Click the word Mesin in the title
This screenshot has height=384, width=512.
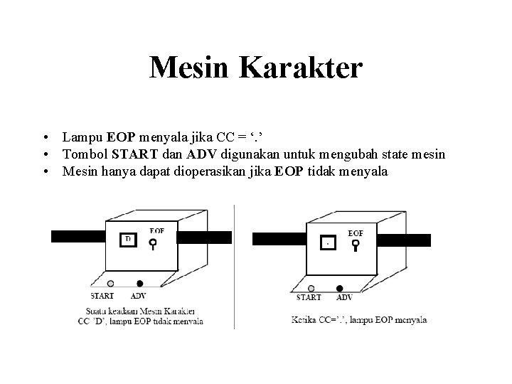coord(191,68)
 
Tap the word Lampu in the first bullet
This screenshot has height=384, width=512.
coord(82,136)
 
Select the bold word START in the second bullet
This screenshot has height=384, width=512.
coord(139,154)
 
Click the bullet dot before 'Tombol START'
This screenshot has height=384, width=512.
coord(45,154)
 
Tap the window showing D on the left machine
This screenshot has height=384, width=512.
coord(129,240)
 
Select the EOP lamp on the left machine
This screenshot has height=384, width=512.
coord(154,243)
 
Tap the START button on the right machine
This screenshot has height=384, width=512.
coord(311,289)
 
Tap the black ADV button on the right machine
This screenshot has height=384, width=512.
coord(339,289)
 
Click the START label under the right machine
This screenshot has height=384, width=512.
coord(309,298)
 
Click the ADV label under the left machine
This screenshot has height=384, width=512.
coord(139,296)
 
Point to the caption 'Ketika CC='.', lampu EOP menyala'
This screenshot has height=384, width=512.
coord(359,320)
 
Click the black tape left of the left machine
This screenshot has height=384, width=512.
coord(78,238)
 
